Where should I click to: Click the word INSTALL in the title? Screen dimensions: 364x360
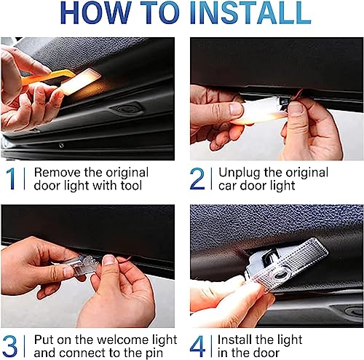click(250, 12)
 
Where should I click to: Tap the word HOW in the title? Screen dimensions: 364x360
click(95, 12)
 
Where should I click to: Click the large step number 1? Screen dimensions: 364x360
click(11, 179)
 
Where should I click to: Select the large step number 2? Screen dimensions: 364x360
click(197, 179)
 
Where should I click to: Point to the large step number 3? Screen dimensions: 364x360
click(10, 346)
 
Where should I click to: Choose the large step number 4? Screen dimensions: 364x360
click(197, 346)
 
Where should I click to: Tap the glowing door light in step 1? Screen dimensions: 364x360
click(80, 81)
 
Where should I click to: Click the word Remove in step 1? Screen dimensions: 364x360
click(58, 173)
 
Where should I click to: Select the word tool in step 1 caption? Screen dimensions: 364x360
click(131, 186)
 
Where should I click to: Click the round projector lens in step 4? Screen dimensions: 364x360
click(282, 275)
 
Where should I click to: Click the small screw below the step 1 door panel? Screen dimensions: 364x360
click(61, 145)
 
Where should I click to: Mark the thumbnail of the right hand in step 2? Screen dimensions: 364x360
click(296, 109)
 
